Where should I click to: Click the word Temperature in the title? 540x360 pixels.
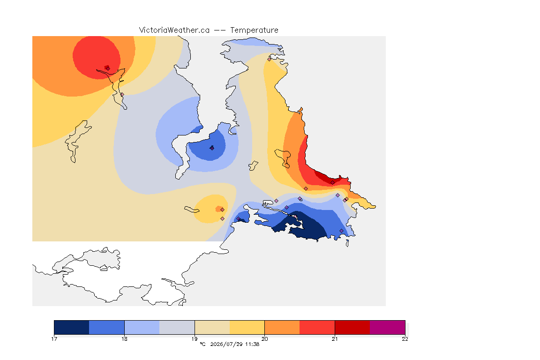[x=254, y=30]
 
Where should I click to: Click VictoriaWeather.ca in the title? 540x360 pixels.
[x=174, y=30]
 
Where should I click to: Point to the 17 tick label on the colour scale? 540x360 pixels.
[x=54, y=339]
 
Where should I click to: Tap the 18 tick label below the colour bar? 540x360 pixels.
[x=124, y=339]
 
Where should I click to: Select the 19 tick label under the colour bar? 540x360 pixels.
[x=195, y=339]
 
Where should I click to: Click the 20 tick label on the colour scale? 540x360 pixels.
[x=264, y=339]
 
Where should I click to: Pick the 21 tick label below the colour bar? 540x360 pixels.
[x=335, y=339]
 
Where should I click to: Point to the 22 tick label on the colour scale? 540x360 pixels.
[x=405, y=339]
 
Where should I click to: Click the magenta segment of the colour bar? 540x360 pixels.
[x=388, y=327]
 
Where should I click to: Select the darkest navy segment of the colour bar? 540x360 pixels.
[x=72, y=327]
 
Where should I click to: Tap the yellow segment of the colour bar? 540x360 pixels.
[x=247, y=327]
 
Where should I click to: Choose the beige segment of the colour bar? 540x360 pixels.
[x=212, y=327]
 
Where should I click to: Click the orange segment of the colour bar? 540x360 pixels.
[x=282, y=327]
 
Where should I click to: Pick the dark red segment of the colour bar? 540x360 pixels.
[x=352, y=327]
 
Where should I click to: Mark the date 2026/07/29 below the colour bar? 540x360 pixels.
[x=226, y=344]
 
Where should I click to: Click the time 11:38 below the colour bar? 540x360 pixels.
[x=252, y=344]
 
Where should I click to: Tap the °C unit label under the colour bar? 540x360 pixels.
[x=202, y=344]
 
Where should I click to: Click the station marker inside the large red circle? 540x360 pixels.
[x=108, y=68]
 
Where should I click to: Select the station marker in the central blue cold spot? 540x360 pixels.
[x=212, y=148]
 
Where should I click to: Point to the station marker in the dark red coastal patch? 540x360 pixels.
[x=332, y=183]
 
